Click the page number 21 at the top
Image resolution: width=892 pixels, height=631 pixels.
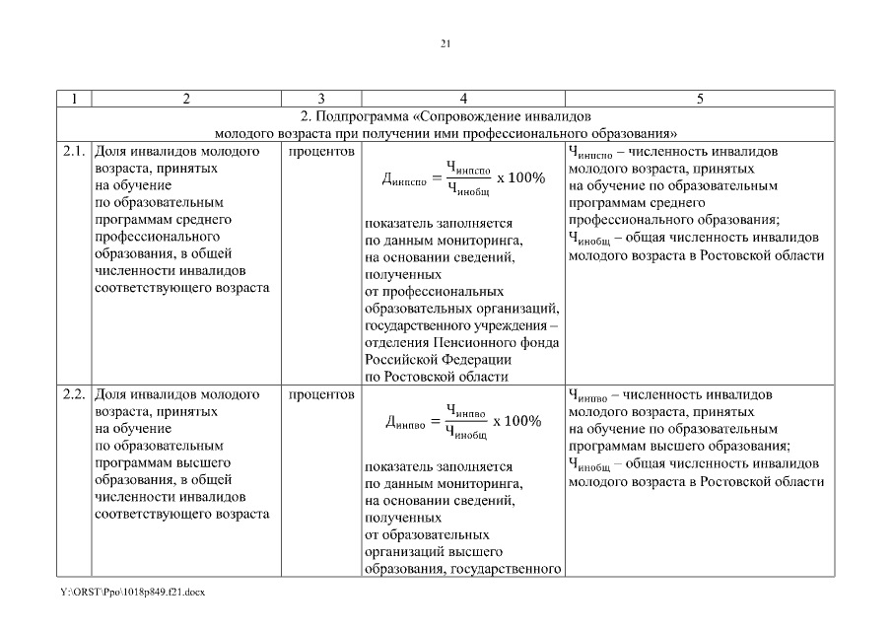pos(446,43)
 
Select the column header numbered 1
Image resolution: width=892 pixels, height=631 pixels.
pos(75,99)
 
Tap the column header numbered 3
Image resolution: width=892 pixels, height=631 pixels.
pos(322,99)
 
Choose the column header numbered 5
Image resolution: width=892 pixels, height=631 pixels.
pos(700,99)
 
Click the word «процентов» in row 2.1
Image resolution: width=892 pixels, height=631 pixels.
pos(322,152)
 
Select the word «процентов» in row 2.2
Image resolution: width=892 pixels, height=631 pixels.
pos(322,394)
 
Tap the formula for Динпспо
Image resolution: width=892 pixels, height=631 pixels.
pos(462,177)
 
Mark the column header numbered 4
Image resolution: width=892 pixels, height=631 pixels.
pos(463,99)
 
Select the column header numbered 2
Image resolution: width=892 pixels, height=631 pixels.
pos(186,99)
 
